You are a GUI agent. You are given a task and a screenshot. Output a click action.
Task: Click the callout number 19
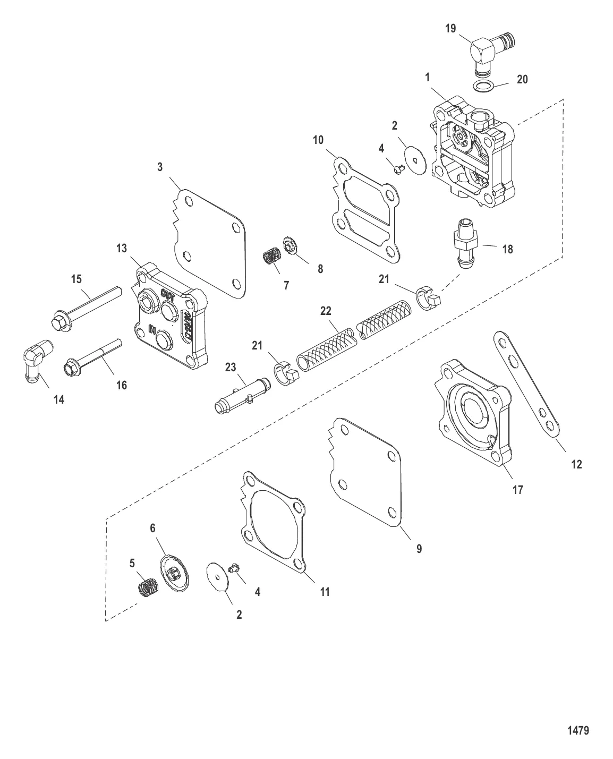pyautogui.click(x=450, y=28)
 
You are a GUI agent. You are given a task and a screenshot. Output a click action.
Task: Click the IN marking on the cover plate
pyautogui.click(x=151, y=330)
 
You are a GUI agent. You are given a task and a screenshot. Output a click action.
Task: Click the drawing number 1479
pyautogui.click(x=578, y=730)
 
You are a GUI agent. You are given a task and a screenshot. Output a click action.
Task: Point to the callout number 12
pyautogui.click(x=576, y=464)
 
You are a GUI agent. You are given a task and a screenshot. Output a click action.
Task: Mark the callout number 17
pyautogui.click(x=517, y=490)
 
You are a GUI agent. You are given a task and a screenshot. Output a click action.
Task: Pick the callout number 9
pyautogui.click(x=419, y=549)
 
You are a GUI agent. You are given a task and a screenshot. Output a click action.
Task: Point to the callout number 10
pyautogui.click(x=318, y=140)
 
